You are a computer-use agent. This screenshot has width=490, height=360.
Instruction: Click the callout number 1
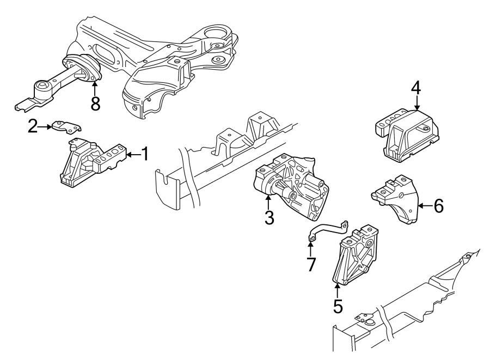click(x=145, y=155)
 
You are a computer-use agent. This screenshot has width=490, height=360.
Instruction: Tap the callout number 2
click(x=33, y=127)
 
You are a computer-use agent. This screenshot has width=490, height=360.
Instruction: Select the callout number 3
click(x=269, y=218)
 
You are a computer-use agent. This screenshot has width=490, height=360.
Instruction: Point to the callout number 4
click(x=416, y=87)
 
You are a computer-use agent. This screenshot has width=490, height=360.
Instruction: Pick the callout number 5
click(x=338, y=306)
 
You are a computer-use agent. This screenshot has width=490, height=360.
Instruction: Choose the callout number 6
click(x=438, y=205)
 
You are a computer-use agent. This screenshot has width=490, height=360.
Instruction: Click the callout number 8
click(x=95, y=103)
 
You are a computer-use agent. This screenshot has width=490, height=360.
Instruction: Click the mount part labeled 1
click(x=90, y=163)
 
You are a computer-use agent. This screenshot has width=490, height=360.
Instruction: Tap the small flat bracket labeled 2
click(x=67, y=127)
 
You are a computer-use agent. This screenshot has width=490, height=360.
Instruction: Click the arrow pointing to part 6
click(x=425, y=205)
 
